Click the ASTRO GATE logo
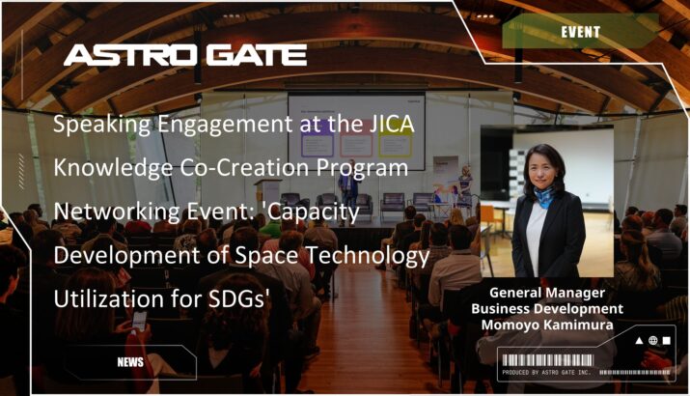(x=185, y=55)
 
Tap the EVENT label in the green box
(x=580, y=32)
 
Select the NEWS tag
(x=130, y=362)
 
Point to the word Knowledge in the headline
(x=113, y=168)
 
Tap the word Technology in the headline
(x=367, y=256)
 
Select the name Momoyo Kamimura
(x=547, y=325)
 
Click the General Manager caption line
(x=547, y=293)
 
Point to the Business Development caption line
(x=547, y=309)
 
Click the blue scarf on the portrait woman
(x=544, y=195)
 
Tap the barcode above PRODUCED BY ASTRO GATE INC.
(x=548, y=360)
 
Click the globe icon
(x=653, y=341)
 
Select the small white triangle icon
(x=639, y=341)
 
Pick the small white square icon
(x=667, y=341)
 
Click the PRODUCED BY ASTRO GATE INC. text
(x=546, y=373)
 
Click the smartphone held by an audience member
(x=139, y=321)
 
